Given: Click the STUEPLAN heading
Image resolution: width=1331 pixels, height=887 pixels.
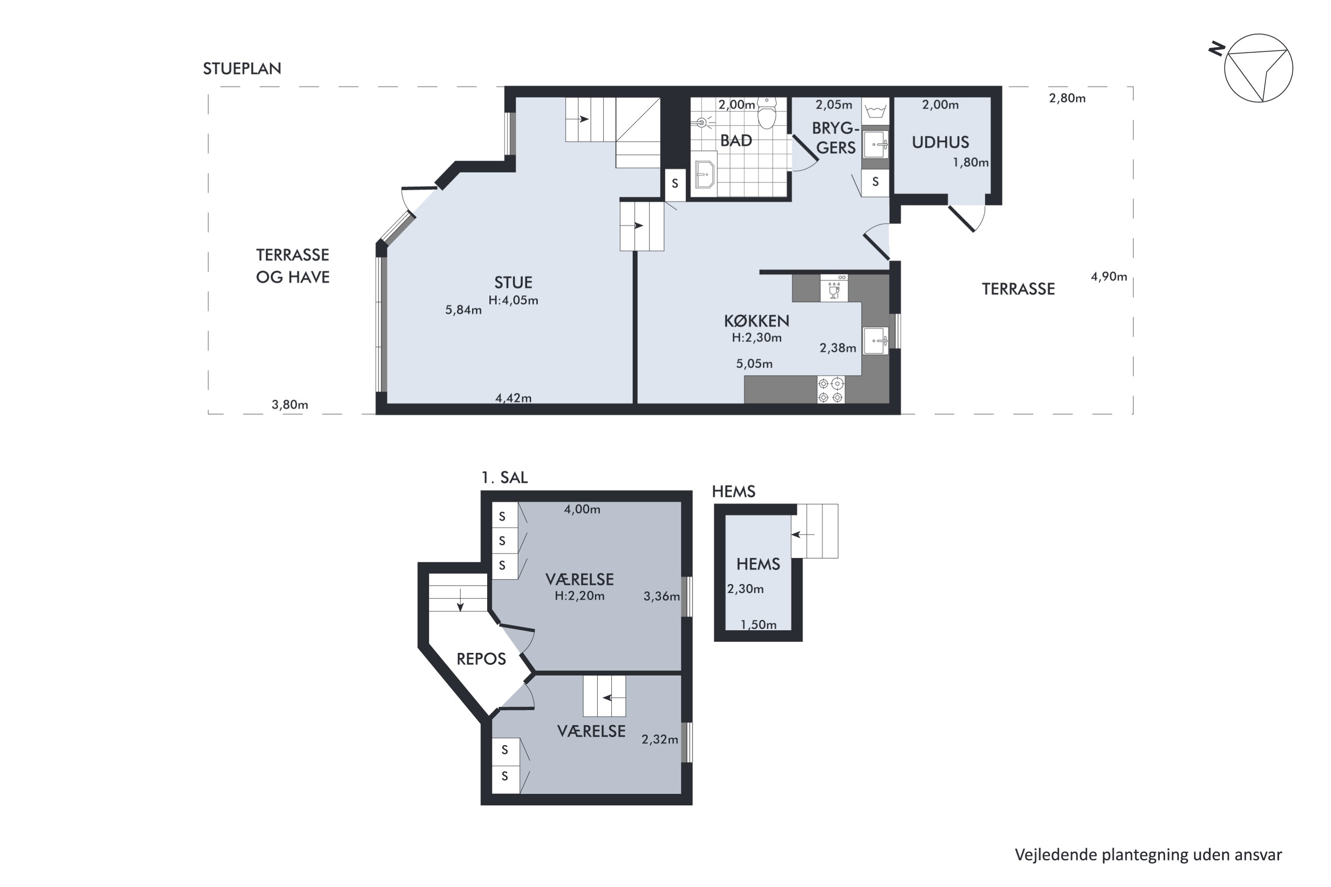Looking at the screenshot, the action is [x=242, y=68].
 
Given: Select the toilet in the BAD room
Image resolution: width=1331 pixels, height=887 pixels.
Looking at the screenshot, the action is [x=767, y=114].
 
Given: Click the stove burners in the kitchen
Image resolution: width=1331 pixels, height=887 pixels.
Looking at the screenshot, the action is [x=831, y=389].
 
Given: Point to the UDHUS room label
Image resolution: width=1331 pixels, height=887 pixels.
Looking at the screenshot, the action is [x=940, y=142].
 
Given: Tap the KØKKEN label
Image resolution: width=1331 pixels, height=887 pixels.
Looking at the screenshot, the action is [x=756, y=321].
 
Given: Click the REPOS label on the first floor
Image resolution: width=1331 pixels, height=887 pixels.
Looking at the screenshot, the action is [x=481, y=659].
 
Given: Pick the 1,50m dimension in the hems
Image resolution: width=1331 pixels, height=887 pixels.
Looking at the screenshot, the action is [x=758, y=624].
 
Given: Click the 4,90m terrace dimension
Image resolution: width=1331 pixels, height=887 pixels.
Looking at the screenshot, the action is [x=1109, y=277].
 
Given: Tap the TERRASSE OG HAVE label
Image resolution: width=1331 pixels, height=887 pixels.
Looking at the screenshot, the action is [x=292, y=266].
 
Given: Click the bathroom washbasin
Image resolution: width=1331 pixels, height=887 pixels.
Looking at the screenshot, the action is [x=705, y=174].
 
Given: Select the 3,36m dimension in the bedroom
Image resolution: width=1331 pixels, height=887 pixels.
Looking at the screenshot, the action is [x=662, y=596].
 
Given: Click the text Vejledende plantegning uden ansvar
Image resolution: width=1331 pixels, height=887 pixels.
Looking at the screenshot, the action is [x=1148, y=855].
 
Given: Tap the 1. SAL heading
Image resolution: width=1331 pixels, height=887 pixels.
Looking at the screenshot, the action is [x=504, y=478].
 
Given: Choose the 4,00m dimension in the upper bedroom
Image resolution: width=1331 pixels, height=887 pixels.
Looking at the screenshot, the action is [x=582, y=509].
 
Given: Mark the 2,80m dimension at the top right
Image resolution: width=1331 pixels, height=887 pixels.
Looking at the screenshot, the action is [x=1067, y=98].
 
